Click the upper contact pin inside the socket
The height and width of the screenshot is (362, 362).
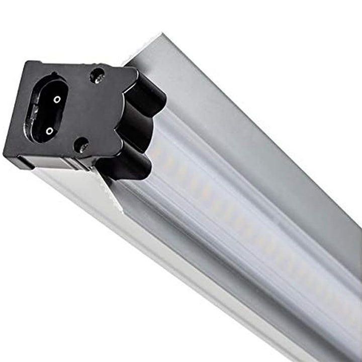[x=57, y=99]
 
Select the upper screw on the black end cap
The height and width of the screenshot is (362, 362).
[x=97, y=76]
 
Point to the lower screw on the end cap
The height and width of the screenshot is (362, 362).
[x=81, y=146]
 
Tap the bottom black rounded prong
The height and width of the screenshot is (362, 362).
[x=128, y=163]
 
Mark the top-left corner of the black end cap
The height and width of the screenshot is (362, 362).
[x=26, y=63]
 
